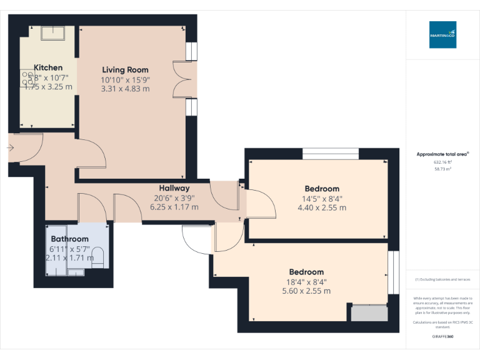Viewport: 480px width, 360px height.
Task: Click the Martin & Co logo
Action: coord(442,35)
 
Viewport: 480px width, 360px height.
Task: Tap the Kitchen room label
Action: coord(48,67)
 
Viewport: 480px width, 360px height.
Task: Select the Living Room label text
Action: coord(125,69)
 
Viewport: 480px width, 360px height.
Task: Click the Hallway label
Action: coord(174,188)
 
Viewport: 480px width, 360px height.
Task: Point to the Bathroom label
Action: coord(69,239)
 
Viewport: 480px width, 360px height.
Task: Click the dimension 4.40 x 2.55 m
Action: coord(322,207)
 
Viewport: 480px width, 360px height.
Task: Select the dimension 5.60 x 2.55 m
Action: coord(306,291)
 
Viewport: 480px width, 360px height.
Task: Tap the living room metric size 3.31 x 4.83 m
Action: coord(125,89)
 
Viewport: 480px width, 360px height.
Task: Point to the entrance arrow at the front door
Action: coord(11,147)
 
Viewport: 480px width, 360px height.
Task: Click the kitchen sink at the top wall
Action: coord(53,32)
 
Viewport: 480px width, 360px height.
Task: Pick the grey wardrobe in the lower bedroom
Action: coord(369,312)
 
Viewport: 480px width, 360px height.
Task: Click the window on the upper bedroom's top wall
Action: coord(331,154)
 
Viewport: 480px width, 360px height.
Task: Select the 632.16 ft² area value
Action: coord(442,162)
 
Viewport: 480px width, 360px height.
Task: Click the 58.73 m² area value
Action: coord(442,169)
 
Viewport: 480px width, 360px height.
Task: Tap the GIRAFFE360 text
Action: coord(442,337)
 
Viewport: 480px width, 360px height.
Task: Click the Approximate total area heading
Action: coord(442,154)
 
